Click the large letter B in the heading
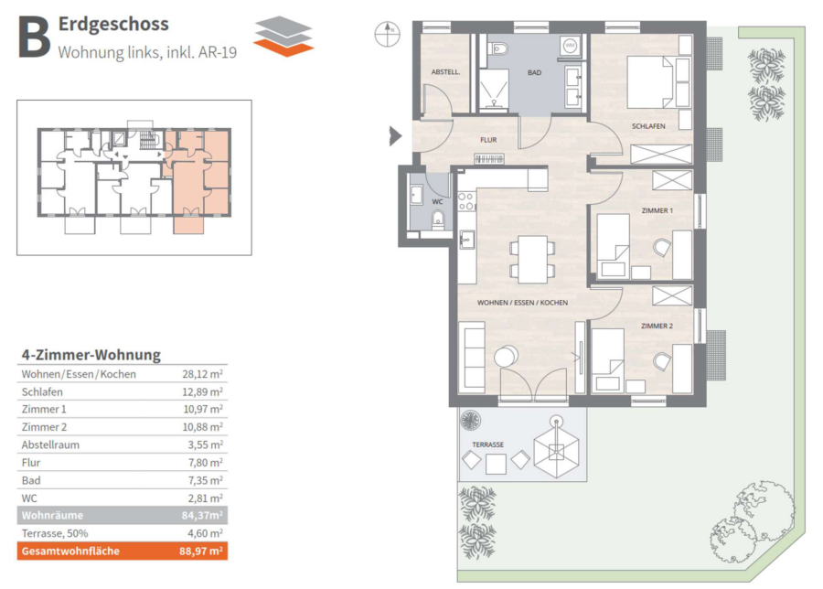[34, 37]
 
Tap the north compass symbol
[388, 34]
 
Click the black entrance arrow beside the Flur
[395, 136]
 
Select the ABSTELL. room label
[445, 72]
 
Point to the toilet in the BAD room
[498, 48]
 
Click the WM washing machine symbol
[570, 46]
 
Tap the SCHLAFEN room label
[648, 126]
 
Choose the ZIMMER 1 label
[657, 210]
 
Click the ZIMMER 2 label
[657, 326]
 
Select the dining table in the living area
[533, 260]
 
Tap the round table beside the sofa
[506, 357]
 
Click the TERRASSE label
[487, 444]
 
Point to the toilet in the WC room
[438, 220]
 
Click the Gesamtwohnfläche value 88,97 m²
[201, 552]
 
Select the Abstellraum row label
[50, 444]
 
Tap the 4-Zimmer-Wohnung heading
[91, 355]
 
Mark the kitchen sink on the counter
[466, 240]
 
